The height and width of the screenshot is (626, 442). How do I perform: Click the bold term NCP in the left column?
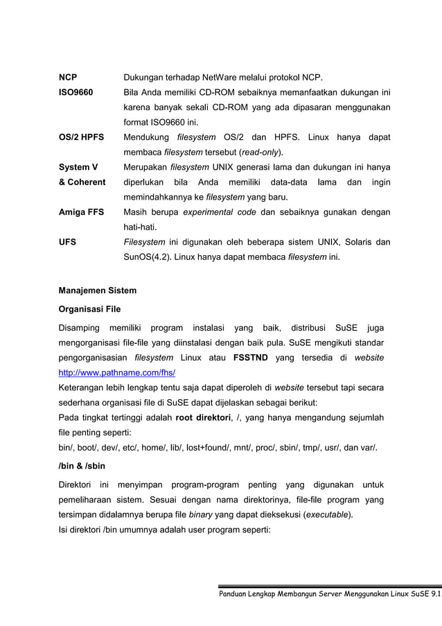pos(67,77)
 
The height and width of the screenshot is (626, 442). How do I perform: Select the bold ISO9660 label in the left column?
pos(76,92)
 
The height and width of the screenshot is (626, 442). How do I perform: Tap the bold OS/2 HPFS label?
pos(81,137)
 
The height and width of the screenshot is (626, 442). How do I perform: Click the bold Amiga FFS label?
pos(81,212)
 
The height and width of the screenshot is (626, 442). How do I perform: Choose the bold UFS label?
pos(67,243)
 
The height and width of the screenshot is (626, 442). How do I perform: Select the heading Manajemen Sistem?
pos(97,290)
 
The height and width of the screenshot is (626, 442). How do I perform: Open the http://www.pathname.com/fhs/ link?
pos(116,372)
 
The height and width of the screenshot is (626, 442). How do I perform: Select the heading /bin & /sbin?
pos(82,466)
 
